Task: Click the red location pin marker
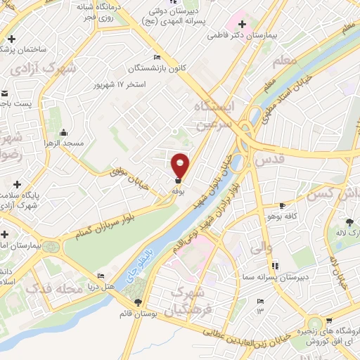point(181,166)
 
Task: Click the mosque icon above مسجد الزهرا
point(64,132)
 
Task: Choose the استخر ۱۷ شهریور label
point(120,84)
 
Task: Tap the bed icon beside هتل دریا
point(101,276)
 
